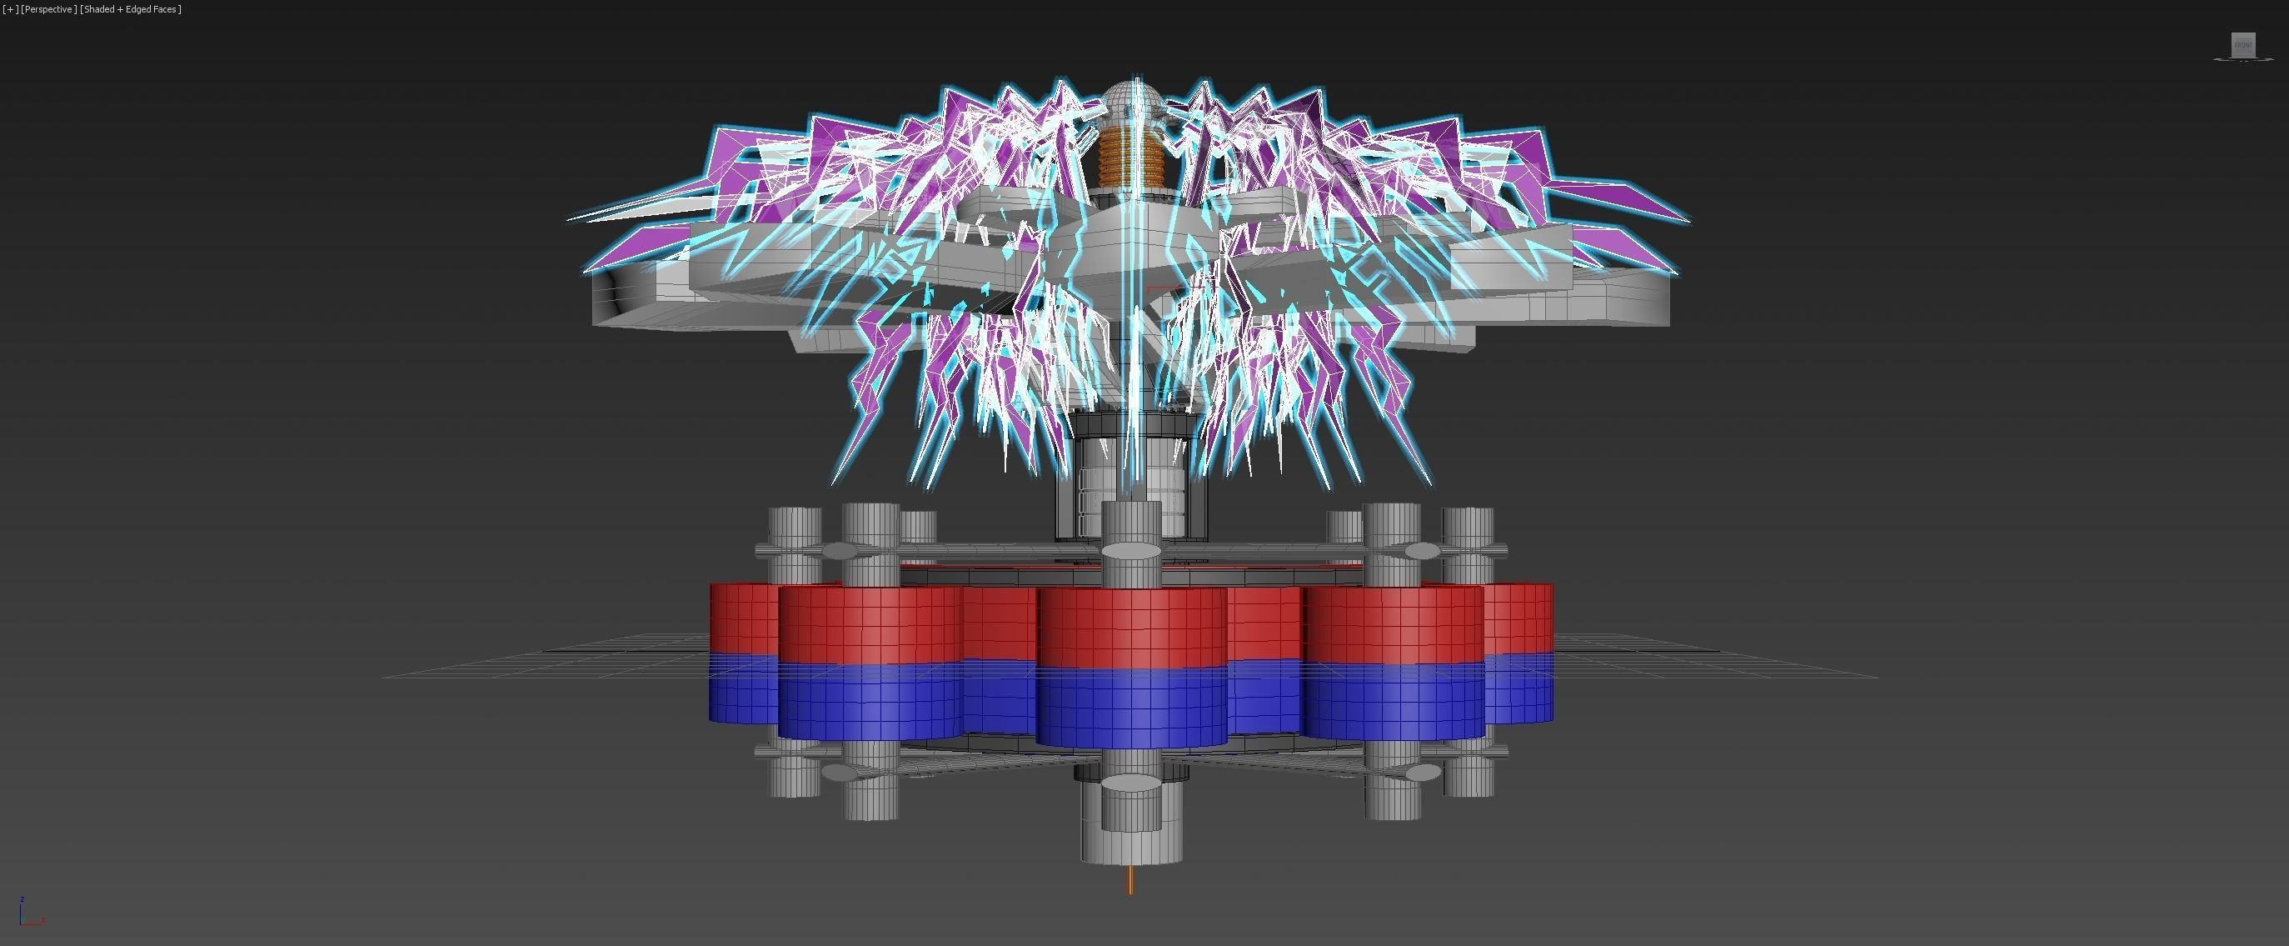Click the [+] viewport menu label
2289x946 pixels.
[x=10, y=9]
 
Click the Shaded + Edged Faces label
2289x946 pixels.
[x=131, y=9]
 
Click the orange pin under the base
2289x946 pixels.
[x=1130, y=879]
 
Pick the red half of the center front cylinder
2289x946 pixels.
[x=1131, y=628]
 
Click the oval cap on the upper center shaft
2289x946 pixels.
[x=1131, y=552]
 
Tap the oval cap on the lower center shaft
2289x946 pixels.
[x=1131, y=783]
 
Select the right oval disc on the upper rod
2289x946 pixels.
[x=1422, y=551]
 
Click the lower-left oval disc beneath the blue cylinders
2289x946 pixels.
[x=839, y=773]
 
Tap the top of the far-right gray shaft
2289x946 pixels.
[x=1468, y=514]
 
